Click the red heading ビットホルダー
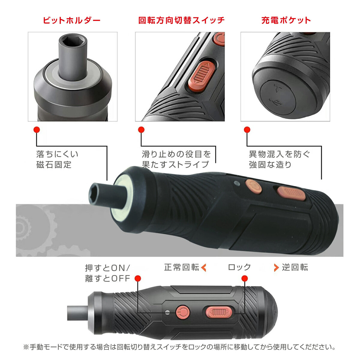point(71,20)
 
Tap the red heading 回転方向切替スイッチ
point(181,20)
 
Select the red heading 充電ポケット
point(286,20)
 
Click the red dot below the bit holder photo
point(37,130)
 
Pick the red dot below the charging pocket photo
point(247,130)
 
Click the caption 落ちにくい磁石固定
point(57,159)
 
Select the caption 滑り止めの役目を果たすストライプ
point(176,159)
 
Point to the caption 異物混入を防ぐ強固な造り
point(279,159)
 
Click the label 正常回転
point(181,267)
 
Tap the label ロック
point(239,267)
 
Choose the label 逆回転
point(295,267)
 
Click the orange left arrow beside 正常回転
point(204,267)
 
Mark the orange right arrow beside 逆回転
point(276,267)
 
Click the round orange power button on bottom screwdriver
point(182,312)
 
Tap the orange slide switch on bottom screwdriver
point(218,312)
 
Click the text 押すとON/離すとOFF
point(107,273)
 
